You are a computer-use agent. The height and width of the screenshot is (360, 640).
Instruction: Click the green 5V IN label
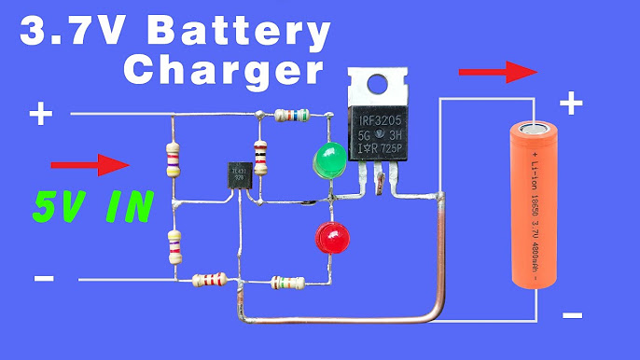[x=91, y=206]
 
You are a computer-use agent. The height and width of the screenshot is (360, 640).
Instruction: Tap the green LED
[x=327, y=159]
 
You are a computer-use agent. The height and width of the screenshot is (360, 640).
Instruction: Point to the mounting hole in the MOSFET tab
[x=376, y=82]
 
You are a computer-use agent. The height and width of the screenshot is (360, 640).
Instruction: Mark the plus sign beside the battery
[x=570, y=102]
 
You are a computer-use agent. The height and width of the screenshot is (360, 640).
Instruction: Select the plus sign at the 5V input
[x=41, y=115]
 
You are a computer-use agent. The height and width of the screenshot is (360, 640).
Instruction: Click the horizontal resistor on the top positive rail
[x=291, y=116]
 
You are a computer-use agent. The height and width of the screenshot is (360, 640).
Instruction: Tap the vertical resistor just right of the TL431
[x=260, y=155]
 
